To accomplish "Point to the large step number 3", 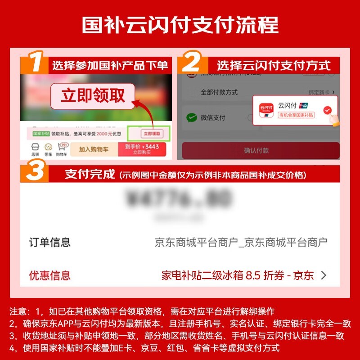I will point(35,173).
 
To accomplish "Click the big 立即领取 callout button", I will point(93,95).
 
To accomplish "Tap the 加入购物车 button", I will point(92,149).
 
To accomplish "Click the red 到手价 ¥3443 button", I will point(142,149).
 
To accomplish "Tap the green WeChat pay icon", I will point(192,118).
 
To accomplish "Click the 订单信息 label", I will point(50,243).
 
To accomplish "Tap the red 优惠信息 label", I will point(50,275).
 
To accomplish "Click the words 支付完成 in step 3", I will point(90,174).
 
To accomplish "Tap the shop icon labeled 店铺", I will point(35,149).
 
